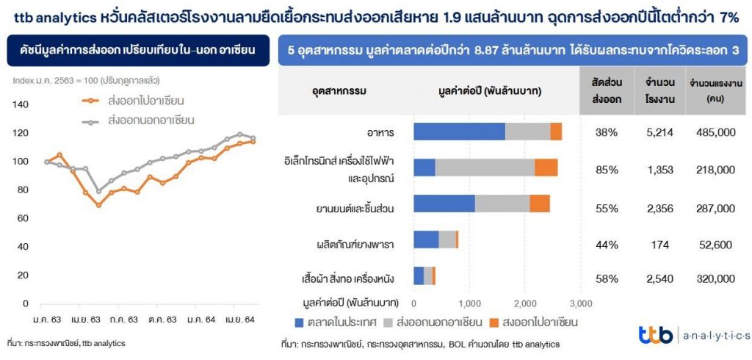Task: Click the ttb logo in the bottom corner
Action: point(655,335)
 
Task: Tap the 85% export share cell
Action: point(607,170)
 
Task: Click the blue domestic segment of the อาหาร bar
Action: point(459,132)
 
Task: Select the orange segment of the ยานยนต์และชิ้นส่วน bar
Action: point(540,204)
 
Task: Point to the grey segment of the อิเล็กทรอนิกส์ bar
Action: point(485,168)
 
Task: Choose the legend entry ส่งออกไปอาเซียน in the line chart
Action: point(145,100)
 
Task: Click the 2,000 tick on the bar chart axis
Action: point(525,303)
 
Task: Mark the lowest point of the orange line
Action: point(98,205)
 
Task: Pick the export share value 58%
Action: point(607,278)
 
